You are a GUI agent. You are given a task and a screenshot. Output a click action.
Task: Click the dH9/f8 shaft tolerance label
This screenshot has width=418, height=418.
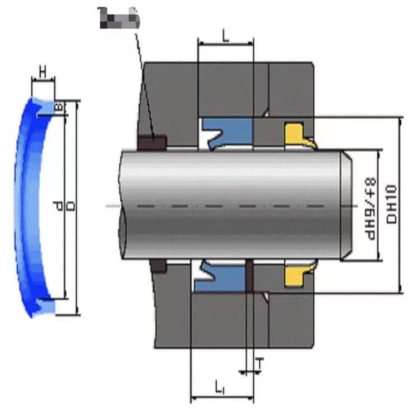point(368,205)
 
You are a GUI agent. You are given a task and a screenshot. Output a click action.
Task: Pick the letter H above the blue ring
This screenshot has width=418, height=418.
point(42,71)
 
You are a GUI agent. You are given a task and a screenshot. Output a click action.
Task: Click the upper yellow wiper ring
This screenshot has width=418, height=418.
point(296,133)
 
